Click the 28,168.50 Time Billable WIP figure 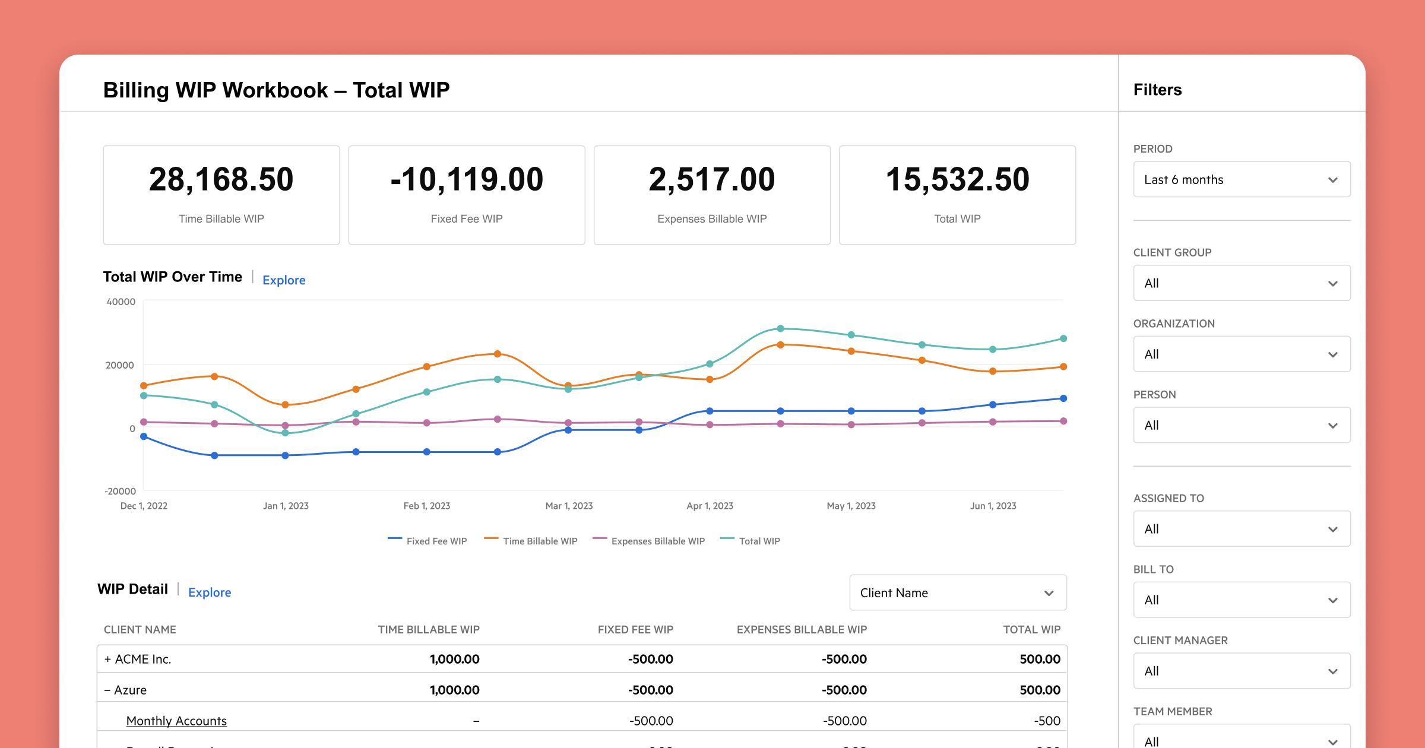[x=221, y=179]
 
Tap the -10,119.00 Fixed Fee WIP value [x=467, y=179]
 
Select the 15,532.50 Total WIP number [x=957, y=179]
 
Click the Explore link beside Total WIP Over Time [x=284, y=280]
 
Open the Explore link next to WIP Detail [x=210, y=592]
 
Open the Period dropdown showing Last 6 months [x=1242, y=179]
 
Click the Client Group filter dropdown [x=1242, y=283]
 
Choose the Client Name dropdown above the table [x=958, y=592]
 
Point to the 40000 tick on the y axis [x=121, y=302]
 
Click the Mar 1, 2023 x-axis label [x=569, y=506]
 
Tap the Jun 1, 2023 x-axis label [x=993, y=506]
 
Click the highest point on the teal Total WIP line [x=780, y=328]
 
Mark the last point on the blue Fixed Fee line [x=1063, y=398]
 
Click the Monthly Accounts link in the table [x=176, y=721]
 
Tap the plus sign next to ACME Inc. [x=107, y=659]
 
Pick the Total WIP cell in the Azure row [x=1040, y=690]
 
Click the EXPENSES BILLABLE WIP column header [x=802, y=629]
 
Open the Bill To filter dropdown [x=1242, y=600]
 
